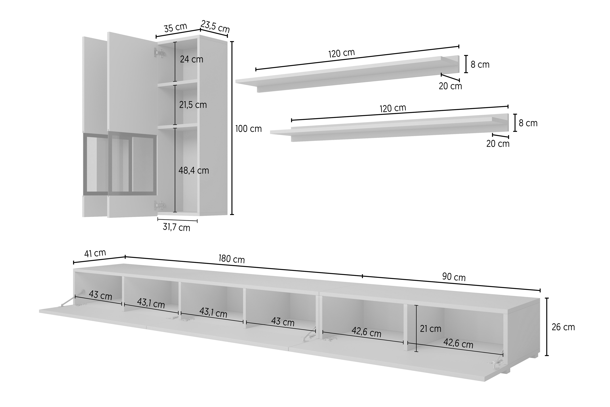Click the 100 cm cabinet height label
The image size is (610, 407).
click(248, 129)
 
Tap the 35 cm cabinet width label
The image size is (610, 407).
click(175, 27)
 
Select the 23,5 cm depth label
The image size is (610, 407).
click(215, 26)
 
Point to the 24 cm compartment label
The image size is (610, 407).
click(191, 60)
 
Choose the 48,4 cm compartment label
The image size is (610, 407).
click(194, 171)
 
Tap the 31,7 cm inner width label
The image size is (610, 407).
click(176, 227)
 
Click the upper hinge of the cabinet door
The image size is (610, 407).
click(159, 53)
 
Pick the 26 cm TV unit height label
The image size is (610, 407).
click(563, 327)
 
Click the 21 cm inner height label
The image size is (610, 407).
click(431, 329)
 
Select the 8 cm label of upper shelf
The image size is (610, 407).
click(480, 65)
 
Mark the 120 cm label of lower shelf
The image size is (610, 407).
click(393, 108)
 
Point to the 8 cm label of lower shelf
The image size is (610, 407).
click(528, 123)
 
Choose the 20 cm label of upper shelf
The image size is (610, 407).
click(450, 86)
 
